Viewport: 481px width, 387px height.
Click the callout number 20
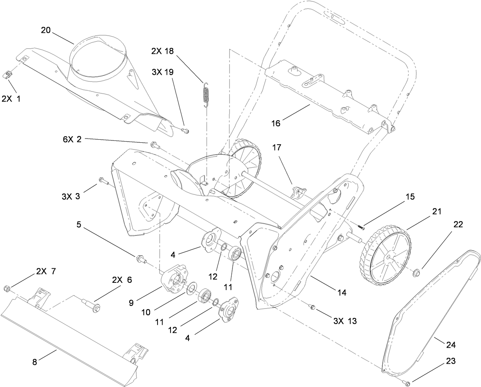coord(45,31)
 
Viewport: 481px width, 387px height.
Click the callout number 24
coord(451,345)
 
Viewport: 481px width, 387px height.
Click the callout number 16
coord(276,123)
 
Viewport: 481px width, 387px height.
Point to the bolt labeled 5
coord(140,260)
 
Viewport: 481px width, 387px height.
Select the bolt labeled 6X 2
coord(155,144)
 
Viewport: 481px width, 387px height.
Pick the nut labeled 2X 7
coord(6,287)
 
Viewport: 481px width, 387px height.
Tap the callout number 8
coord(34,362)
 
